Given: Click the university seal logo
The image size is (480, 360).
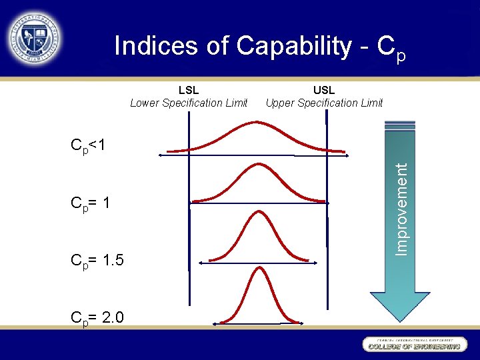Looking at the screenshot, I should click(34, 38).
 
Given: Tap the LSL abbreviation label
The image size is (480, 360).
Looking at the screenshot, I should click(189, 90).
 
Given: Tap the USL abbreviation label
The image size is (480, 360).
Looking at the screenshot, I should click(324, 90).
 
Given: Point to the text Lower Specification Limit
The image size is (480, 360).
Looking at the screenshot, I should click(189, 103).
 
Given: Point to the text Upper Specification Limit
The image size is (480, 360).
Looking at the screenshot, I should click(324, 103).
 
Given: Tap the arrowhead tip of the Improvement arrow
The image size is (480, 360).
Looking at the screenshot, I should click(400, 321).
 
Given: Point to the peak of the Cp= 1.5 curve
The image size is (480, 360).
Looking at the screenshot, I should click(257, 212).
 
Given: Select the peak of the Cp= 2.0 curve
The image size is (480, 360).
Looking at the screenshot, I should click(257, 268).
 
